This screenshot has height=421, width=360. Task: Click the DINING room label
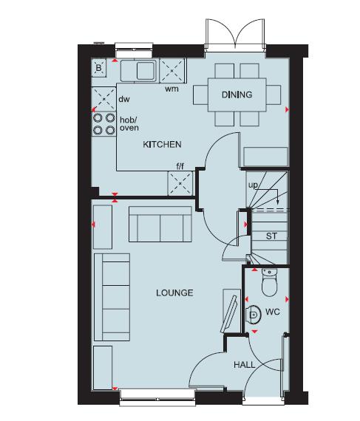[x=237, y=95]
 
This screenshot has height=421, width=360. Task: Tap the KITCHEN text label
[x=162, y=144]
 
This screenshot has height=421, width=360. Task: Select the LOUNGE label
[x=174, y=293]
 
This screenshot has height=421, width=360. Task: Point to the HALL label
[x=244, y=366]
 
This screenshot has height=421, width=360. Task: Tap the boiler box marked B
[x=99, y=69]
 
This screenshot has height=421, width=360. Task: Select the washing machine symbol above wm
[x=174, y=72]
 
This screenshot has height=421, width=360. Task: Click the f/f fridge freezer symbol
[x=180, y=182]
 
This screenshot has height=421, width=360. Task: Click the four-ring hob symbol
[x=103, y=123]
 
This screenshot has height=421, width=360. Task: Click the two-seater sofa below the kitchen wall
[x=160, y=224]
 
